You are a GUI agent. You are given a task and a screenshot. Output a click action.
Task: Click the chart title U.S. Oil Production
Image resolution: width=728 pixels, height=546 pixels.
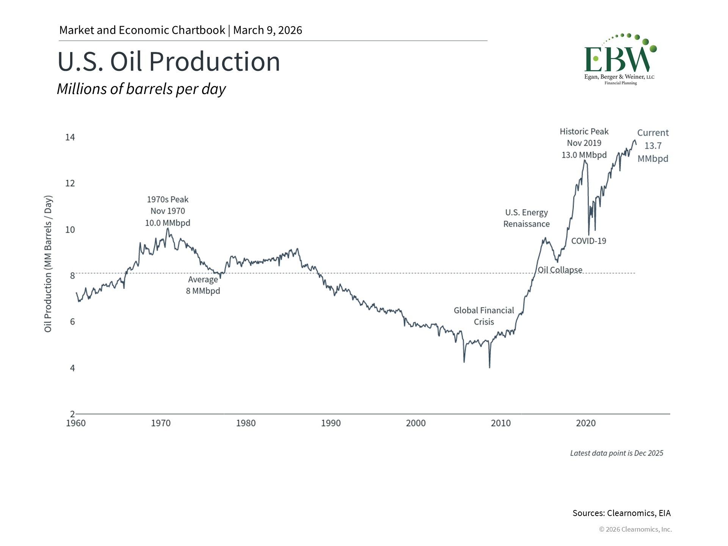pos(169,61)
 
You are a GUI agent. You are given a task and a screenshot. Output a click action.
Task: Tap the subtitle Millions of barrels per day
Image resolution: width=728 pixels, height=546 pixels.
pos(141,89)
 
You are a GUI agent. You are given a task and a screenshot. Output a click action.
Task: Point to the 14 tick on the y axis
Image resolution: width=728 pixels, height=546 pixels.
pos(70,137)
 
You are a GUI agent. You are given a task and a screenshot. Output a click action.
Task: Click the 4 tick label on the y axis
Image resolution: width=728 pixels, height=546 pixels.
pos(72,368)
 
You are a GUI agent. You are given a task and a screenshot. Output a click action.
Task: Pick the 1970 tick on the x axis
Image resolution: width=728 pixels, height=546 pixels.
pos(161,423)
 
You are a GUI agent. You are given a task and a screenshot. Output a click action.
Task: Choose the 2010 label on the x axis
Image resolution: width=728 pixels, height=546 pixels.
pos(500,423)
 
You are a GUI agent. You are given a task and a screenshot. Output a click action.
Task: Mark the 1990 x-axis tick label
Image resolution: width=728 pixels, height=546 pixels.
pos(331,423)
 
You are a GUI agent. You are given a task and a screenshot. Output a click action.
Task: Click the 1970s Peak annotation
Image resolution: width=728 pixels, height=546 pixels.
pos(168,211)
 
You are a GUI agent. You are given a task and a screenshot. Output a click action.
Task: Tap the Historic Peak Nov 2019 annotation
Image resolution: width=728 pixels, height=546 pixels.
pos(584,143)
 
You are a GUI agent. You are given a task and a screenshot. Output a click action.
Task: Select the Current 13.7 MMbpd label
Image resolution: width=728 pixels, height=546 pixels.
pos(653,146)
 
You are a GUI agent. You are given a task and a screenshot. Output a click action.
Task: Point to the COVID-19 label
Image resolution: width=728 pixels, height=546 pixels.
pos(588,241)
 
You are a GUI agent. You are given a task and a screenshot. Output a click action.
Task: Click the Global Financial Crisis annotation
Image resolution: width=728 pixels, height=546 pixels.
pos(484,316)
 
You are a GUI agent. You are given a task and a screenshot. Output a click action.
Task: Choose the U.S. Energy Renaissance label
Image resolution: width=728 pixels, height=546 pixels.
pos(526,218)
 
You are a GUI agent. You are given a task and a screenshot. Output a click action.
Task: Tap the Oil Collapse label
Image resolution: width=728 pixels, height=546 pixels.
pos(560,270)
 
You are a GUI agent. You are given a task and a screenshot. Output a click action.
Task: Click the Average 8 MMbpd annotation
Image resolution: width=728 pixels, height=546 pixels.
pos(203,285)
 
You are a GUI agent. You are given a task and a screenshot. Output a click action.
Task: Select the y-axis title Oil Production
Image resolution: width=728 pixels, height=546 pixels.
pos(48,264)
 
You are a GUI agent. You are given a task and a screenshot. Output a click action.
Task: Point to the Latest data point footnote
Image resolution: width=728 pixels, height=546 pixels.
pos(617,453)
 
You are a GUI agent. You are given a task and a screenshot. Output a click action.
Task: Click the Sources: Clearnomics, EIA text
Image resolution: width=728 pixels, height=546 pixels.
pos(621,513)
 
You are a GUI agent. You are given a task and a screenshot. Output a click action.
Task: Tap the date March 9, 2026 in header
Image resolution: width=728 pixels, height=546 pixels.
pos(267,30)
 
